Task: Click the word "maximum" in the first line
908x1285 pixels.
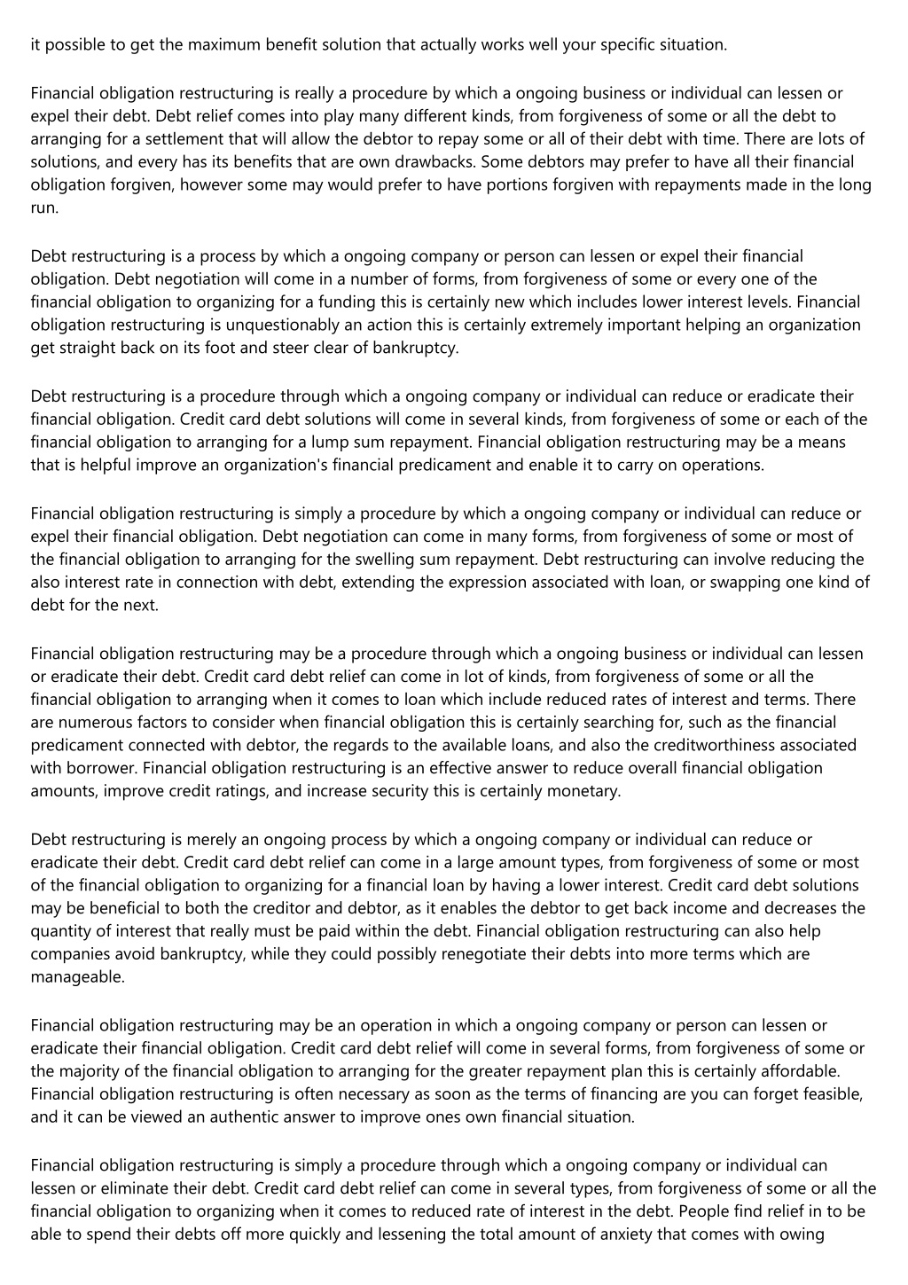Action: [x=196, y=44]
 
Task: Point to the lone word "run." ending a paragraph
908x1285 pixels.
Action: [x=44, y=208]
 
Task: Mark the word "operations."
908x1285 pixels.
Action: [x=722, y=465]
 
